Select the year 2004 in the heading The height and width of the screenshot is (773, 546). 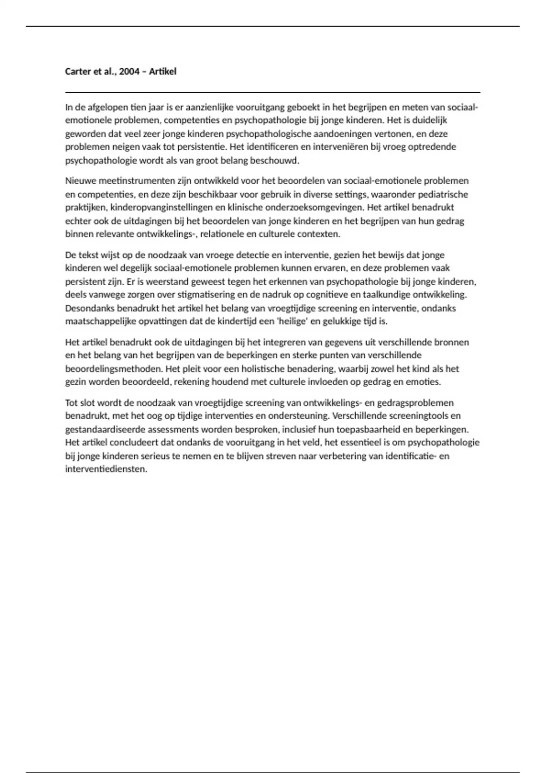129,71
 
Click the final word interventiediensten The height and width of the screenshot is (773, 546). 106,469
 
